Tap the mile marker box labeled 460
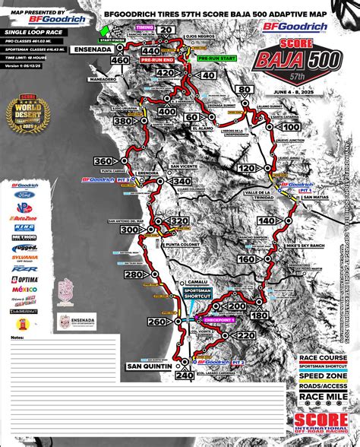coord(119,59)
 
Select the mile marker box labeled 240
coord(185,375)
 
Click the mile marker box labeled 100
coord(292,126)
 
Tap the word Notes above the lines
coord(17,335)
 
